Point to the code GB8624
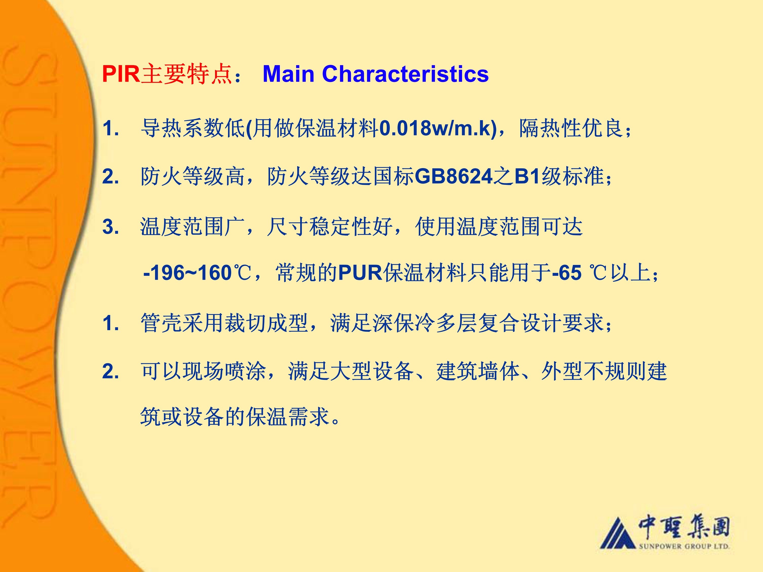click(454, 176)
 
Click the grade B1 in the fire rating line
click(527, 176)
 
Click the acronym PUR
click(360, 273)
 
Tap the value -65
click(567, 273)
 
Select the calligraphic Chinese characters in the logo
click(684, 527)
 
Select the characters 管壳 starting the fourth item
click(161, 323)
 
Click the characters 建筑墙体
click(478, 371)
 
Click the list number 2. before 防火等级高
click(110, 177)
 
